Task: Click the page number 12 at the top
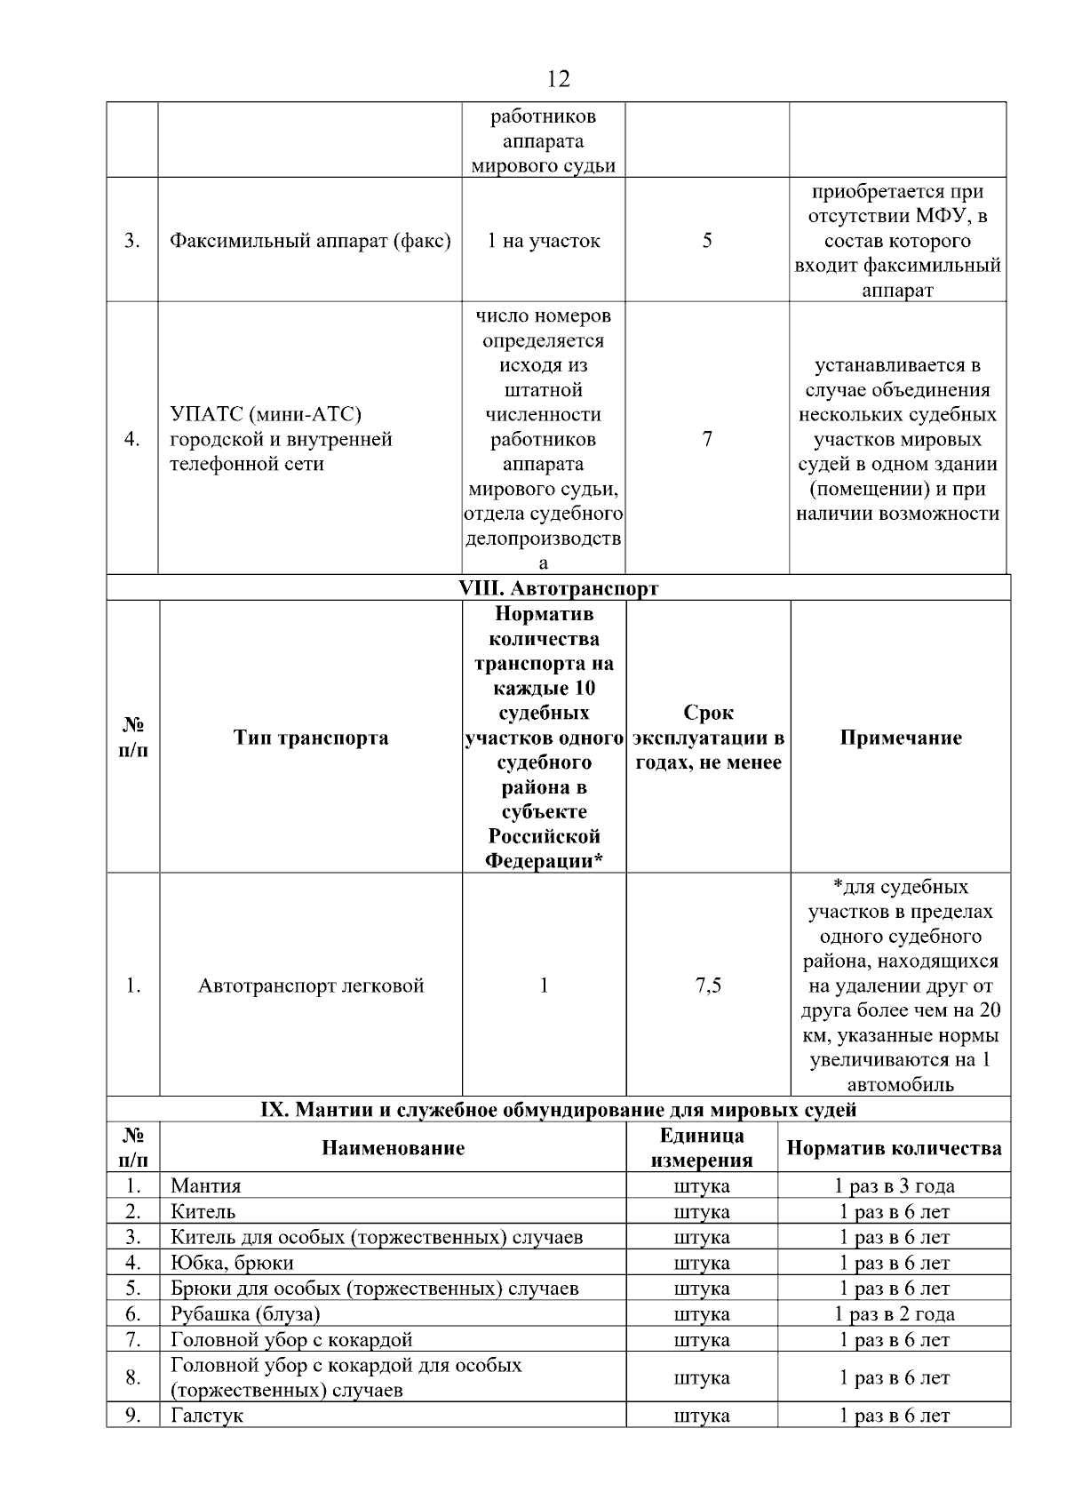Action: (559, 79)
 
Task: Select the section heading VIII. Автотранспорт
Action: (558, 588)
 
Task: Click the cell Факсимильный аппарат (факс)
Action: (310, 241)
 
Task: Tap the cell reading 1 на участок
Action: (543, 241)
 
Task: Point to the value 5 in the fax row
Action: (707, 241)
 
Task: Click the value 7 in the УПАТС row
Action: (707, 439)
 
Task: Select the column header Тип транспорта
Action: (310, 738)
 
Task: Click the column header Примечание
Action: (900, 738)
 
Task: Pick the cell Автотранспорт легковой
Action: (310, 985)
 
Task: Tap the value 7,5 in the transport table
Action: (708, 985)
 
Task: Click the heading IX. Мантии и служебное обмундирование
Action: (558, 1110)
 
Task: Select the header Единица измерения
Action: (701, 1147)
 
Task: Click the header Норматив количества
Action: (894, 1148)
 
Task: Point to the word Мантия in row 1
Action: (205, 1186)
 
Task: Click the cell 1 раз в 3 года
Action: (894, 1186)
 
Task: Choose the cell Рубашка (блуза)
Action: (245, 1314)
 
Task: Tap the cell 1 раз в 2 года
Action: (894, 1314)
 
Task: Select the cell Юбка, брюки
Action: (232, 1263)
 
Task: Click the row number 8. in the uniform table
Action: (133, 1378)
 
